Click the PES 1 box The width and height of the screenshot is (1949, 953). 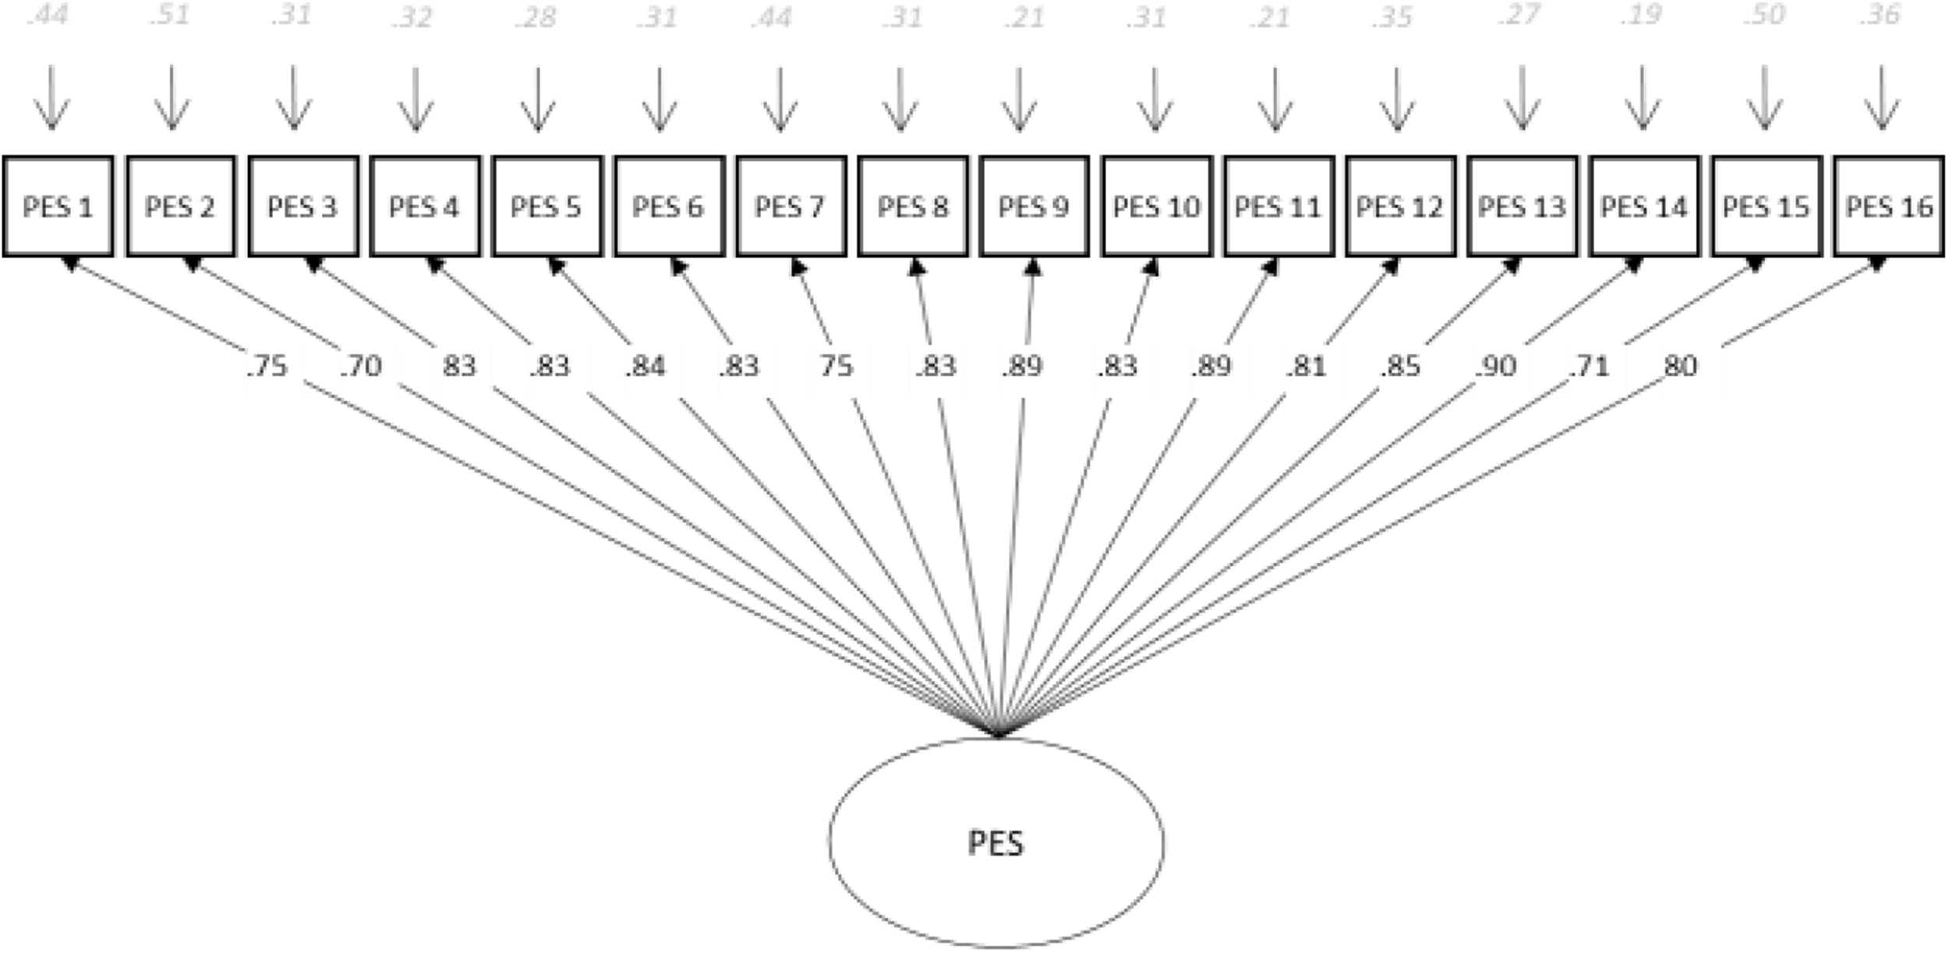pyautogui.click(x=58, y=207)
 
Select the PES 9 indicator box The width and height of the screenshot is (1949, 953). pyautogui.click(x=1034, y=207)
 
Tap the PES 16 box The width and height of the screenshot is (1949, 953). pyautogui.click(x=1888, y=207)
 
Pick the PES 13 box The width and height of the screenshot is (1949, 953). pyautogui.click(x=1522, y=207)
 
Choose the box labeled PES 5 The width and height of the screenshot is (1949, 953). pyautogui.click(x=546, y=207)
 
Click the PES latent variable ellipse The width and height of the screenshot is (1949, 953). pyautogui.click(x=996, y=843)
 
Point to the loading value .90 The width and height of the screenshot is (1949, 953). pyautogui.click(x=1495, y=366)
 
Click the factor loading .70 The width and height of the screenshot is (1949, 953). pyautogui.click(x=361, y=366)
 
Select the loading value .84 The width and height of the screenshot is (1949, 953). pyautogui.click(x=645, y=366)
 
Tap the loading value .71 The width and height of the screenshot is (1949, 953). pyautogui.click(x=1589, y=366)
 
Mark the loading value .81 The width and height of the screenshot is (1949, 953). pyautogui.click(x=1306, y=366)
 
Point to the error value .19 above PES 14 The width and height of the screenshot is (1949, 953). pyautogui.click(x=1641, y=16)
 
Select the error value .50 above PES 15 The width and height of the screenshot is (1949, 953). pyautogui.click(x=1763, y=16)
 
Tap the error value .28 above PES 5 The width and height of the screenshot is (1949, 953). pyautogui.click(x=536, y=16)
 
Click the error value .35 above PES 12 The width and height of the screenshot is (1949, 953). pyautogui.click(x=1393, y=16)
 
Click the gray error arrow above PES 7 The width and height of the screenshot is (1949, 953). pyautogui.click(x=780, y=99)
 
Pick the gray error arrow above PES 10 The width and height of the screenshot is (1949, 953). pyautogui.click(x=1155, y=99)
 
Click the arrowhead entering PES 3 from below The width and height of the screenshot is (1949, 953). pyautogui.click(x=313, y=265)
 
